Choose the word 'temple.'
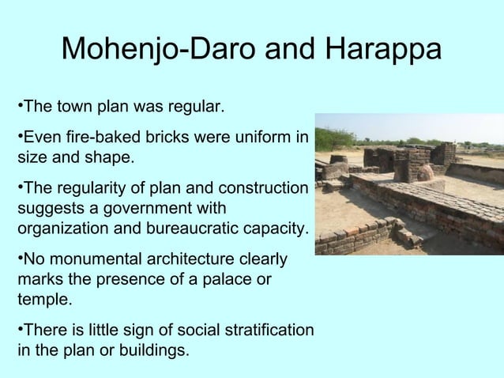point(44,300)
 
